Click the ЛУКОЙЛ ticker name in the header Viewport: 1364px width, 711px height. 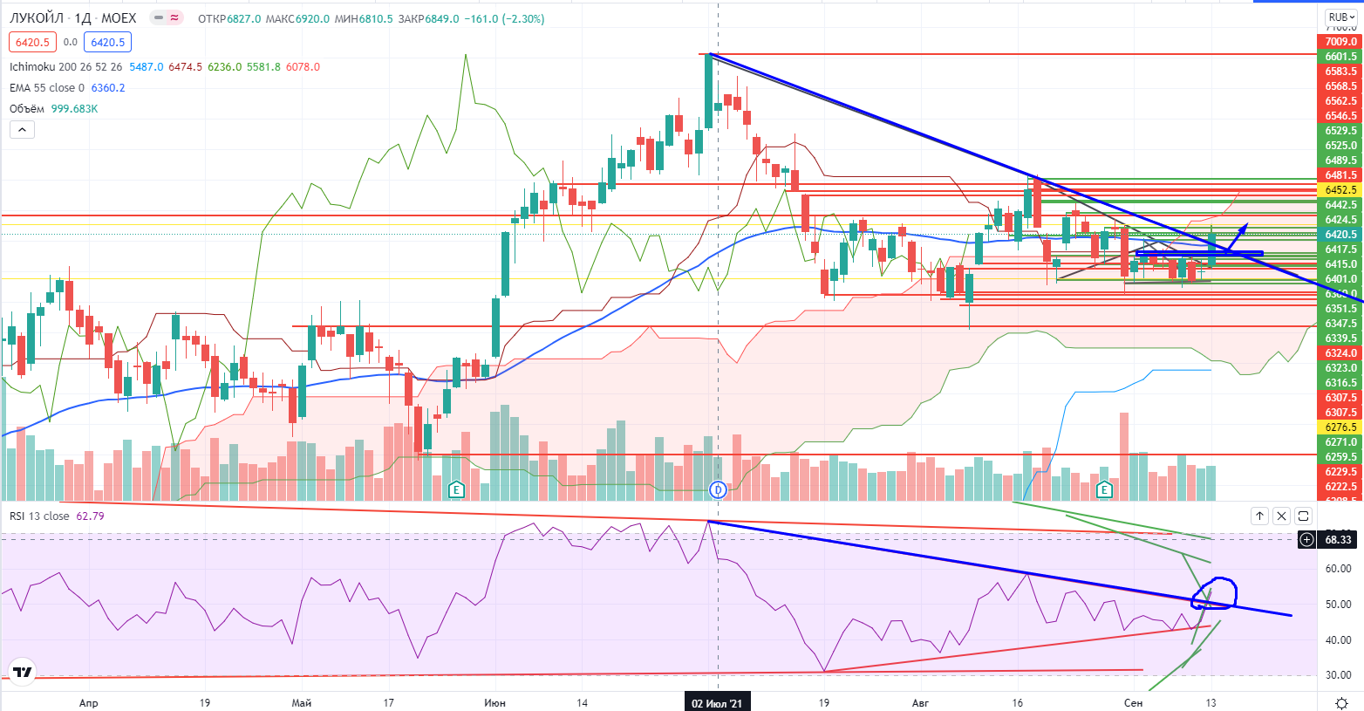(38, 18)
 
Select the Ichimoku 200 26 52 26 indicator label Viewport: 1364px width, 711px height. (66, 67)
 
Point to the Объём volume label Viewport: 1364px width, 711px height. (27, 109)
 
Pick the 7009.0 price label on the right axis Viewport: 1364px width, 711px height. (1340, 42)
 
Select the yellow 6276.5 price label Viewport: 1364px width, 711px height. (1340, 427)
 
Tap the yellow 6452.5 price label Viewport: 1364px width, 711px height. (1340, 190)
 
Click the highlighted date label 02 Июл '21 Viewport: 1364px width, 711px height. (717, 703)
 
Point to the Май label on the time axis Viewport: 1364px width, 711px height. (302, 703)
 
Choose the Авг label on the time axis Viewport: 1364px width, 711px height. (921, 703)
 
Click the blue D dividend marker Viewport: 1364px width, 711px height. (717, 489)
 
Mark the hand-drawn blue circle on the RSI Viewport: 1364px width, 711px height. (1213, 593)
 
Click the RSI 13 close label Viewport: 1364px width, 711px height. (39, 516)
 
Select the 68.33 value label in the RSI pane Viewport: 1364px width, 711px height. (1338, 540)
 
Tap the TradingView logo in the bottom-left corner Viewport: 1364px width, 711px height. (23, 672)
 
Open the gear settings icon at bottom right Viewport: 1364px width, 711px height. (1342, 703)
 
